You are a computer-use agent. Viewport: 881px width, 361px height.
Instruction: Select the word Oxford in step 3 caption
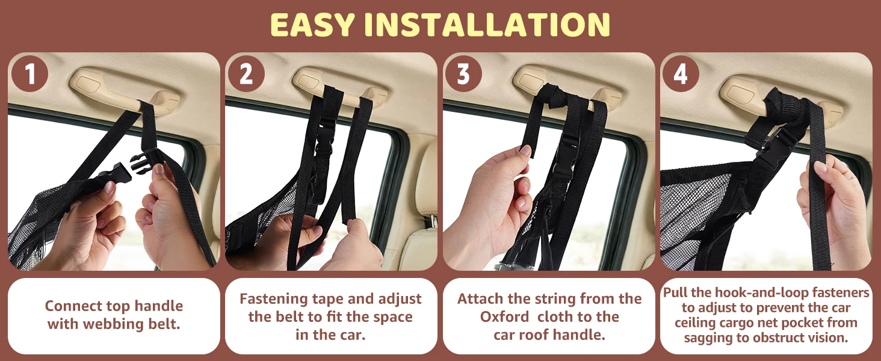point(505,316)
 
